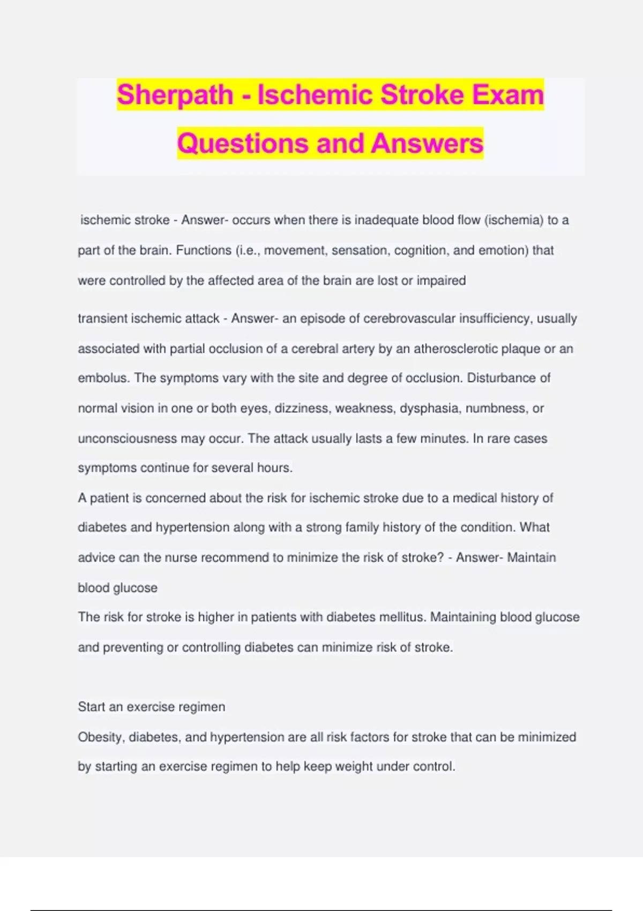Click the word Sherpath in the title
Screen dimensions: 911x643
(x=175, y=95)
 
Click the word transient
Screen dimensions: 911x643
(x=102, y=319)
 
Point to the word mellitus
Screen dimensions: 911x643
(x=402, y=617)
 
